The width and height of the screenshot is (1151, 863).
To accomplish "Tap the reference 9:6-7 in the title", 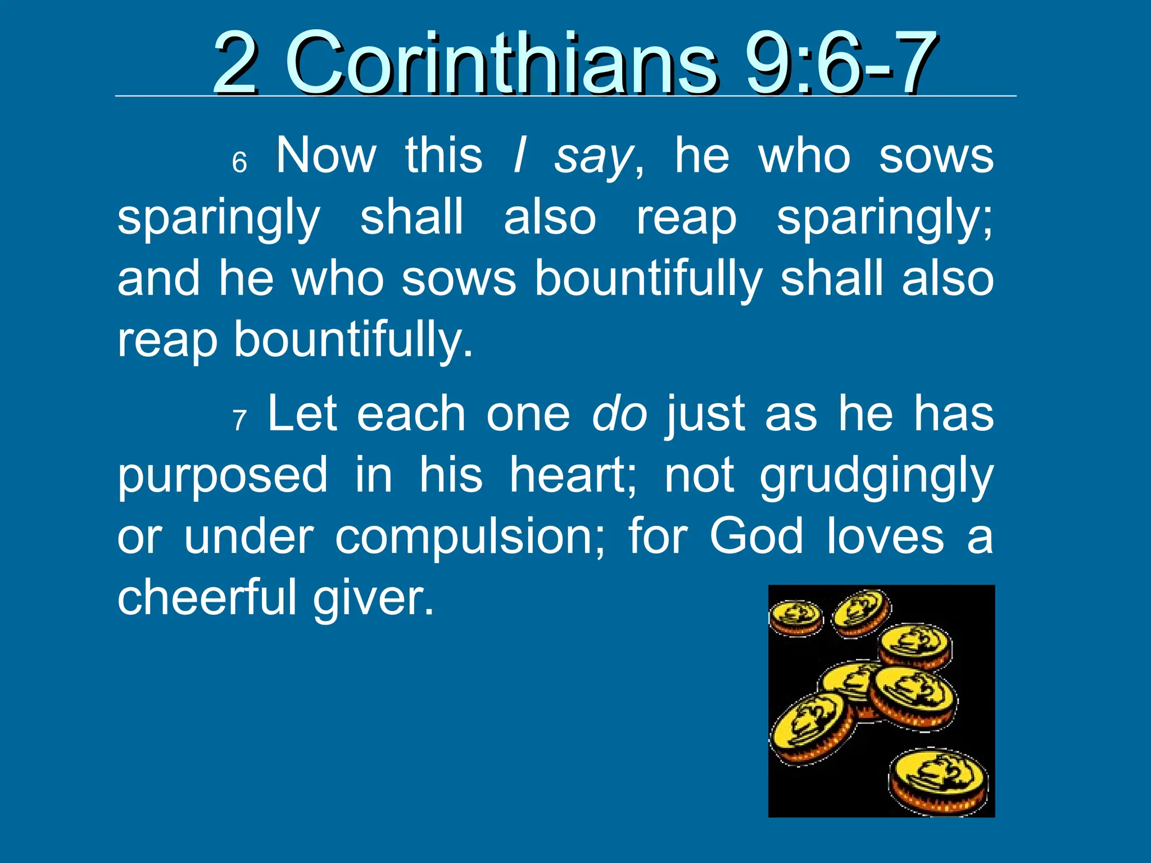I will click(x=841, y=63).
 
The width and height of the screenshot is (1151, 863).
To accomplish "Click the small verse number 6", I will click(x=239, y=163).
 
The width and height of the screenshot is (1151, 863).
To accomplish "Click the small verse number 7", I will click(x=240, y=420).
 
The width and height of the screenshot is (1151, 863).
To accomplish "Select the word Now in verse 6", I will click(x=326, y=156).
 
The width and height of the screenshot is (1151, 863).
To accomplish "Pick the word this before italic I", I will click(x=443, y=156).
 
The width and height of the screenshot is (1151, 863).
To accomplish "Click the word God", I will click(x=756, y=537).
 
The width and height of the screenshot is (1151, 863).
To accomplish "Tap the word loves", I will click(x=885, y=537).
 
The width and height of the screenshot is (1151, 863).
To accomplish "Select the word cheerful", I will click(x=206, y=597).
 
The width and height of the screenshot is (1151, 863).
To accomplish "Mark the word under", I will click(x=248, y=537).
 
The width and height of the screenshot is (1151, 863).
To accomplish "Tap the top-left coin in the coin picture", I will click(x=795, y=617).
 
